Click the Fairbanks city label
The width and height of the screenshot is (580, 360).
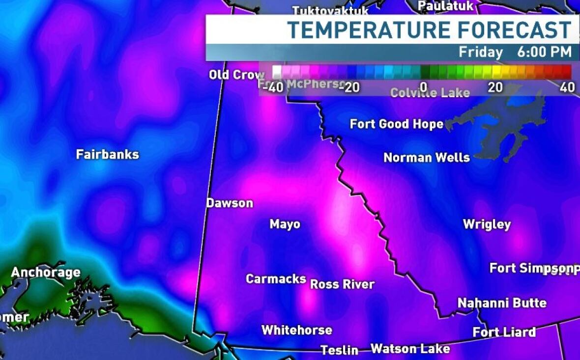(x=107, y=154)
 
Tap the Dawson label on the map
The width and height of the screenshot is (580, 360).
(x=230, y=203)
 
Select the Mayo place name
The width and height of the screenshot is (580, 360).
(x=285, y=224)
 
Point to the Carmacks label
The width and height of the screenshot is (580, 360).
(x=276, y=278)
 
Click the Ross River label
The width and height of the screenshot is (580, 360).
(x=342, y=284)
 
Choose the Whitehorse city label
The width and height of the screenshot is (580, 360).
(x=296, y=330)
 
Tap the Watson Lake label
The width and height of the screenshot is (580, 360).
(x=410, y=349)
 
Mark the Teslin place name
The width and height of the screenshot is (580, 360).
(x=339, y=350)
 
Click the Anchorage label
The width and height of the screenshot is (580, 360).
(x=46, y=273)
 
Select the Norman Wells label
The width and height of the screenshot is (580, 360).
(x=426, y=158)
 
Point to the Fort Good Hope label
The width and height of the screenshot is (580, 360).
(x=396, y=124)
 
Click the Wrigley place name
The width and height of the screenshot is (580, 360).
(x=487, y=224)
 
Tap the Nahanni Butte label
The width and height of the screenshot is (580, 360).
(x=502, y=303)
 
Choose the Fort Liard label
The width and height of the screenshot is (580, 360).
(x=504, y=332)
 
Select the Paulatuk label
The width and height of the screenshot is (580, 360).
(x=445, y=6)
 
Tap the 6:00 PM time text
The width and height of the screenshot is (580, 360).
(x=544, y=52)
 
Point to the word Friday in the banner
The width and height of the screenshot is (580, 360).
(x=481, y=52)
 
